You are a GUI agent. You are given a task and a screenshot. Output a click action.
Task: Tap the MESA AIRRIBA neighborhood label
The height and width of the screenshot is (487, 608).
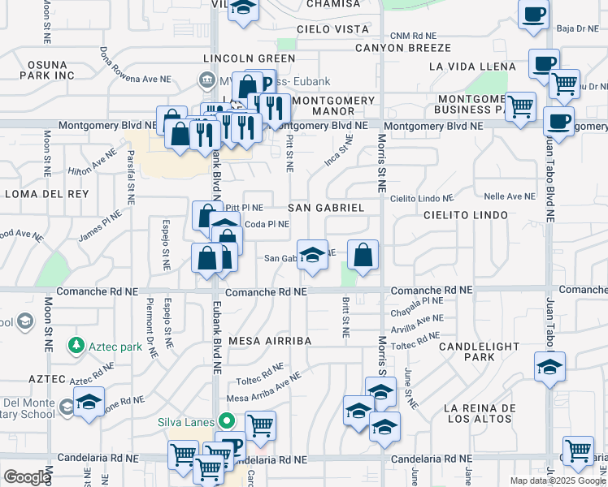pyautogui.click(x=270, y=341)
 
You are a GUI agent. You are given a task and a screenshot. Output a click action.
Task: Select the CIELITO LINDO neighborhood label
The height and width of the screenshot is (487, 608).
pyautogui.click(x=466, y=215)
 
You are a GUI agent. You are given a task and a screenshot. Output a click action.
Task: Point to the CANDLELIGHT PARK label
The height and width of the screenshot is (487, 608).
pyautogui.click(x=479, y=351)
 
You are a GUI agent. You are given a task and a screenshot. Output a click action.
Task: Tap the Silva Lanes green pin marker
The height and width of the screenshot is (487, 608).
pyautogui.click(x=227, y=421)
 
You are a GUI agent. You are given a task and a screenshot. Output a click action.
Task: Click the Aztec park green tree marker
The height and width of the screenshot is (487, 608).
pyautogui.click(x=76, y=345)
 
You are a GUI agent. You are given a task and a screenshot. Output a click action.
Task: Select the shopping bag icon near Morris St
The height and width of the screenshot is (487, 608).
pyautogui.click(x=363, y=255)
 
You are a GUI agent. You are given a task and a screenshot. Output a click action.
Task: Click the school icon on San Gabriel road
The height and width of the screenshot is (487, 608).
pyautogui.click(x=311, y=255)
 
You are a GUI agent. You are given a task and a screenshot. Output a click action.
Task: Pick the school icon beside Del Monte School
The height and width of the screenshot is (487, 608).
pyautogui.click(x=89, y=402)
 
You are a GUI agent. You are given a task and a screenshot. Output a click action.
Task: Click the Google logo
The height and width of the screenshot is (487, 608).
pyautogui.click(x=26, y=477)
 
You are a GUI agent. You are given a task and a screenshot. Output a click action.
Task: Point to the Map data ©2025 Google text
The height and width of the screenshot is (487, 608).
pyautogui.click(x=557, y=481)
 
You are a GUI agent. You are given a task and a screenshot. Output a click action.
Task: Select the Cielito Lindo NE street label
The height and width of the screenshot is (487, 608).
pyautogui.click(x=420, y=198)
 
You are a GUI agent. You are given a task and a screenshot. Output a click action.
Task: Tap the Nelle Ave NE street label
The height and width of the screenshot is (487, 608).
pyautogui.click(x=510, y=196)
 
